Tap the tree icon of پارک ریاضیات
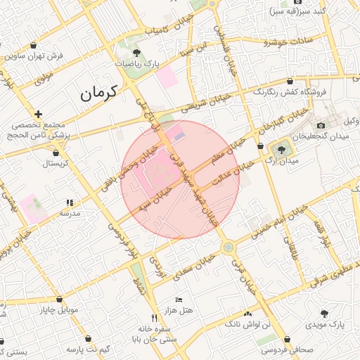(136, 53)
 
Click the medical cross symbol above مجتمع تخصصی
(38, 113)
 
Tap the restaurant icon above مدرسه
(69, 202)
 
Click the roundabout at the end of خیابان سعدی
(228, 247)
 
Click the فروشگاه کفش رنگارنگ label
(293, 92)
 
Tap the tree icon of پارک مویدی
(324, 314)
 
